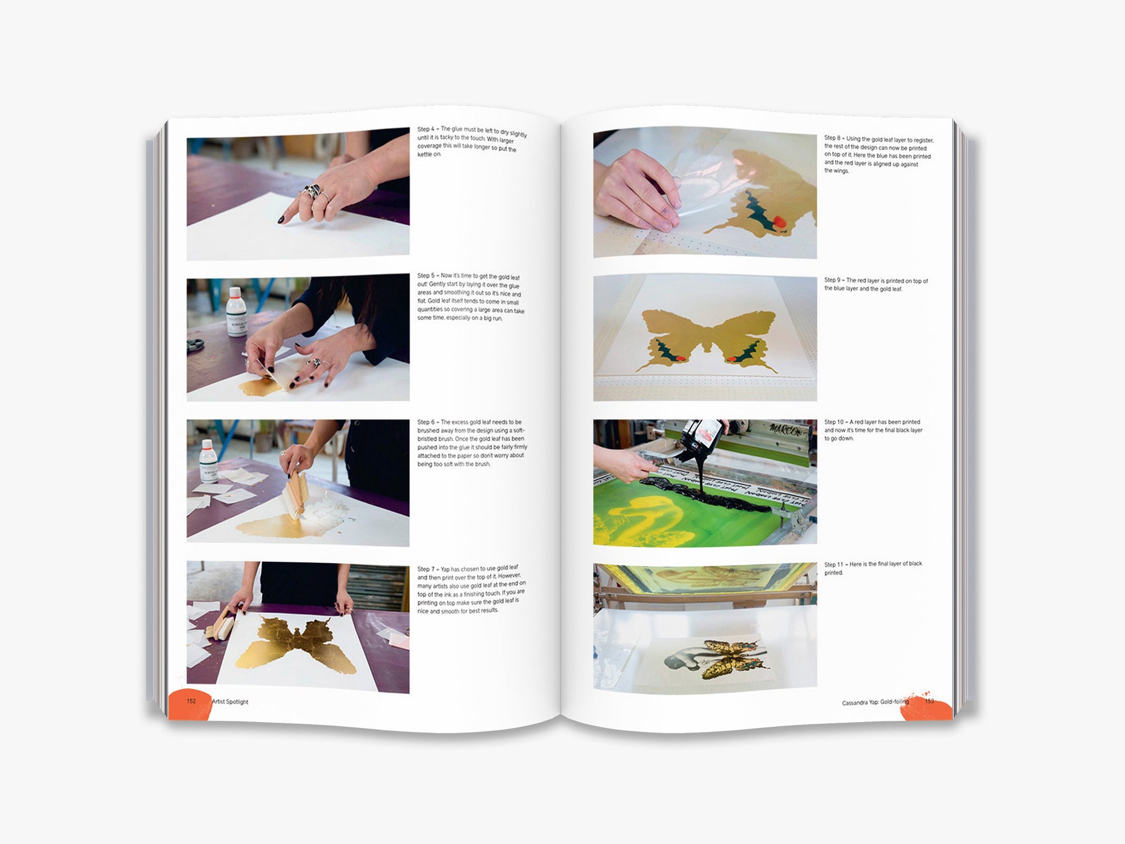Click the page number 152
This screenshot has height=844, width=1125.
[191, 701]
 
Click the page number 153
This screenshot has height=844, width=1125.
[929, 701]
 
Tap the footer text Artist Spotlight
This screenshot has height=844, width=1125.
[230, 702]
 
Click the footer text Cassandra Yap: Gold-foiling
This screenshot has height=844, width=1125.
[875, 702]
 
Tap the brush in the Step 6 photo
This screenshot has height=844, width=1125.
[295, 493]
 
